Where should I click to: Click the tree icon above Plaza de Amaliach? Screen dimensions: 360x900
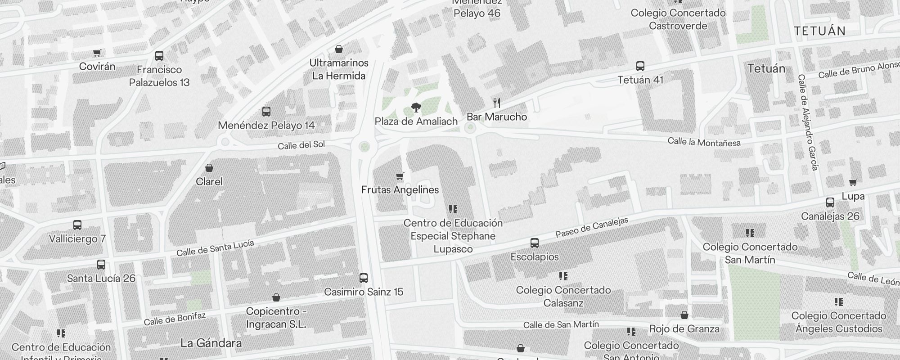(416, 108)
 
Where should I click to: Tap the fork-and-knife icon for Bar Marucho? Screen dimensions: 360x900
(497, 103)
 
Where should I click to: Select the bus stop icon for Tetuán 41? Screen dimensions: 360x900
(640, 66)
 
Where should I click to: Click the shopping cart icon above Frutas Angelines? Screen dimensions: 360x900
(400, 176)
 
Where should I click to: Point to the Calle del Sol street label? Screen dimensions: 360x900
(301, 145)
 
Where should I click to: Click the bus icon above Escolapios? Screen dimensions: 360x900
(534, 243)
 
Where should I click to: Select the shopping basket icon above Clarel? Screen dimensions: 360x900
(209, 168)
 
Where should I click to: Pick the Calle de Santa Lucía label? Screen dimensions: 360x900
(215, 248)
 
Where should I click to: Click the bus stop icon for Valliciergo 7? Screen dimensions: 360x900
(77, 225)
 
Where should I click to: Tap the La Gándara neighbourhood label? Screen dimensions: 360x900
(211, 343)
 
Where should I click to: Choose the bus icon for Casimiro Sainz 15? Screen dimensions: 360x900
(363, 278)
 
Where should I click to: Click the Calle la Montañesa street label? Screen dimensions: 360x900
(704, 142)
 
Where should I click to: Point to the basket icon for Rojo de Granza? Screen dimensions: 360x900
(684, 315)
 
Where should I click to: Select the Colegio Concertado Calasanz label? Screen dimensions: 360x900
(563, 296)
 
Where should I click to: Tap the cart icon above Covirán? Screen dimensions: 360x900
(97, 53)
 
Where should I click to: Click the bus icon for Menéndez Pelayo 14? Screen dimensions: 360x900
(266, 111)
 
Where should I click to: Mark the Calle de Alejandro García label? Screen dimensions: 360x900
(807, 122)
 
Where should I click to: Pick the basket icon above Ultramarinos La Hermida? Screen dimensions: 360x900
(339, 49)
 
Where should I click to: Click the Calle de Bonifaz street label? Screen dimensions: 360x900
(175, 319)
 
